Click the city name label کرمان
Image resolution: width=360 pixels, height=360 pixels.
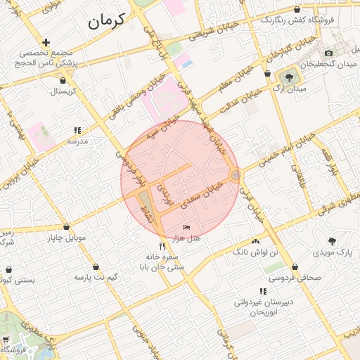point(106,20)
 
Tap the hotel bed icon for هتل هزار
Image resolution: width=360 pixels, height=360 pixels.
point(186,227)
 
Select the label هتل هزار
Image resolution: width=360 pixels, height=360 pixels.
point(186,238)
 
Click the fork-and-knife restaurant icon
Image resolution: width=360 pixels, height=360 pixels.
point(162,246)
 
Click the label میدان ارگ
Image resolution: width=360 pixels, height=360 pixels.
point(292,90)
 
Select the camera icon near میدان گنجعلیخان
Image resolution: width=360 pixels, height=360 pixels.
point(328,53)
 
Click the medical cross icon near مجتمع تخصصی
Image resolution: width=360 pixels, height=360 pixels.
point(46,43)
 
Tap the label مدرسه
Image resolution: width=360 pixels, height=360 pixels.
point(77,141)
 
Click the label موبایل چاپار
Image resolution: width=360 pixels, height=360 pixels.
point(67,238)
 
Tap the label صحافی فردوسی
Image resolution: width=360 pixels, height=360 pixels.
point(296,277)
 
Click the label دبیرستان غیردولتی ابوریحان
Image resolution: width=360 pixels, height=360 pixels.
point(262,306)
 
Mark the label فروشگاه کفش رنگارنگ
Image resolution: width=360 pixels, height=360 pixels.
point(296,20)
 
